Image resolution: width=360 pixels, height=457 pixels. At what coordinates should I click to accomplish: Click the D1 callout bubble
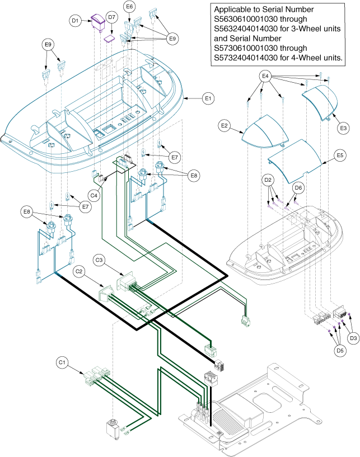[x=76, y=21]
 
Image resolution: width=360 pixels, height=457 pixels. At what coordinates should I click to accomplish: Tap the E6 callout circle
[x=129, y=7]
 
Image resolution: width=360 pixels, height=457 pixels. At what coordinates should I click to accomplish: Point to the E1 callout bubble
[x=208, y=98]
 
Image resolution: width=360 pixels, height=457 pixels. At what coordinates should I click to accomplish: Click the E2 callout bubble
[x=225, y=126]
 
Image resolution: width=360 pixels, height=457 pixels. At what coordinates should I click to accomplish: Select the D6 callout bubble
[x=298, y=187]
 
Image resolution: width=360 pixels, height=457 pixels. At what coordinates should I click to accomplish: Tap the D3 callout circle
[x=352, y=338]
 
